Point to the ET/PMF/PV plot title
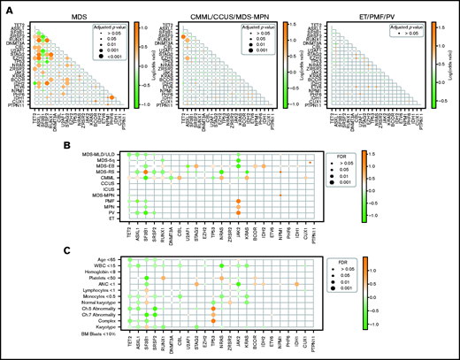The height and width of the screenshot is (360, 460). [357, 9]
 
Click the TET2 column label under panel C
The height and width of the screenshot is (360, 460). [128, 343]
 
